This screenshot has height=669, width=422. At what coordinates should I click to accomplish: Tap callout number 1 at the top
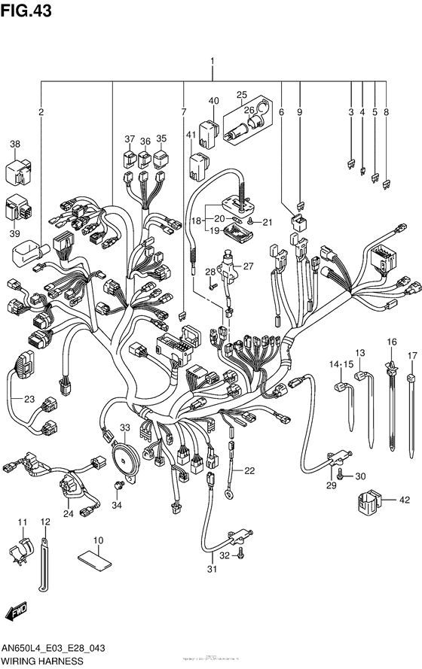tap(213, 62)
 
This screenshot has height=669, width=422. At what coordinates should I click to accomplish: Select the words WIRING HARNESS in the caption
tap(36, 661)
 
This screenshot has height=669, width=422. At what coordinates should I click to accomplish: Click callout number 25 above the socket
tap(242, 95)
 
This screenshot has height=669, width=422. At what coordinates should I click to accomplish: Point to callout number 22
tap(249, 471)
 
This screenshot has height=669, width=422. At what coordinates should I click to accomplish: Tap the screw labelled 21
tap(250, 223)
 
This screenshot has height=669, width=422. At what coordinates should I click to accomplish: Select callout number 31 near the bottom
tap(213, 568)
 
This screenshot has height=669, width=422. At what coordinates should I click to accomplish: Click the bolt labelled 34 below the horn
tap(118, 482)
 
